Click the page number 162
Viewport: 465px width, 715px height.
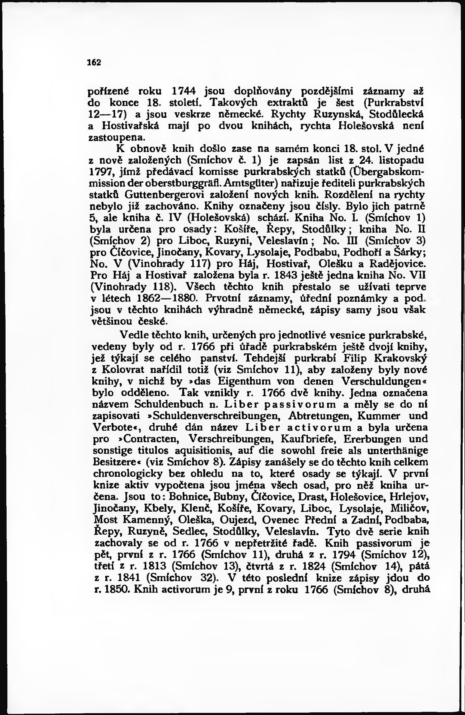(x=94, y=63)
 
